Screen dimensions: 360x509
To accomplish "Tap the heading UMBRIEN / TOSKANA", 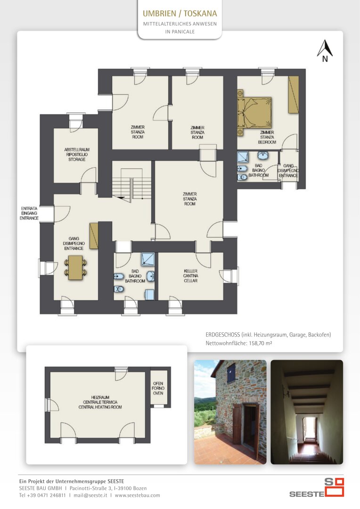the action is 180,13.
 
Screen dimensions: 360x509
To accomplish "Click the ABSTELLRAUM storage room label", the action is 77,155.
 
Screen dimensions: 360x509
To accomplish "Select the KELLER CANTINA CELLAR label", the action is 190,276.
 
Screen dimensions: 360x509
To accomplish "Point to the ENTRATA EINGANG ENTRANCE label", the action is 29,213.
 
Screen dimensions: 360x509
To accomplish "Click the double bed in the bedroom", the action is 254,112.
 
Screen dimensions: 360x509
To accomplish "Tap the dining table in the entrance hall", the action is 76,268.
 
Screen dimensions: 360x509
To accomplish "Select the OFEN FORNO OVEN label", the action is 158,388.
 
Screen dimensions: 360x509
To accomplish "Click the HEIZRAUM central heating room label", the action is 100,402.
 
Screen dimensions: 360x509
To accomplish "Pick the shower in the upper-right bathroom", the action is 243,157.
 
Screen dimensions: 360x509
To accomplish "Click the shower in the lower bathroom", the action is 147,259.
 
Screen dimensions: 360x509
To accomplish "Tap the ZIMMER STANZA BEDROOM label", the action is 267,137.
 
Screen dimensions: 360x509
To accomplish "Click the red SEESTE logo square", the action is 335,487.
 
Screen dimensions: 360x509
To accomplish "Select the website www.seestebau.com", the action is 137,495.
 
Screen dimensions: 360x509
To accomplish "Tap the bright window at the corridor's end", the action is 310,428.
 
